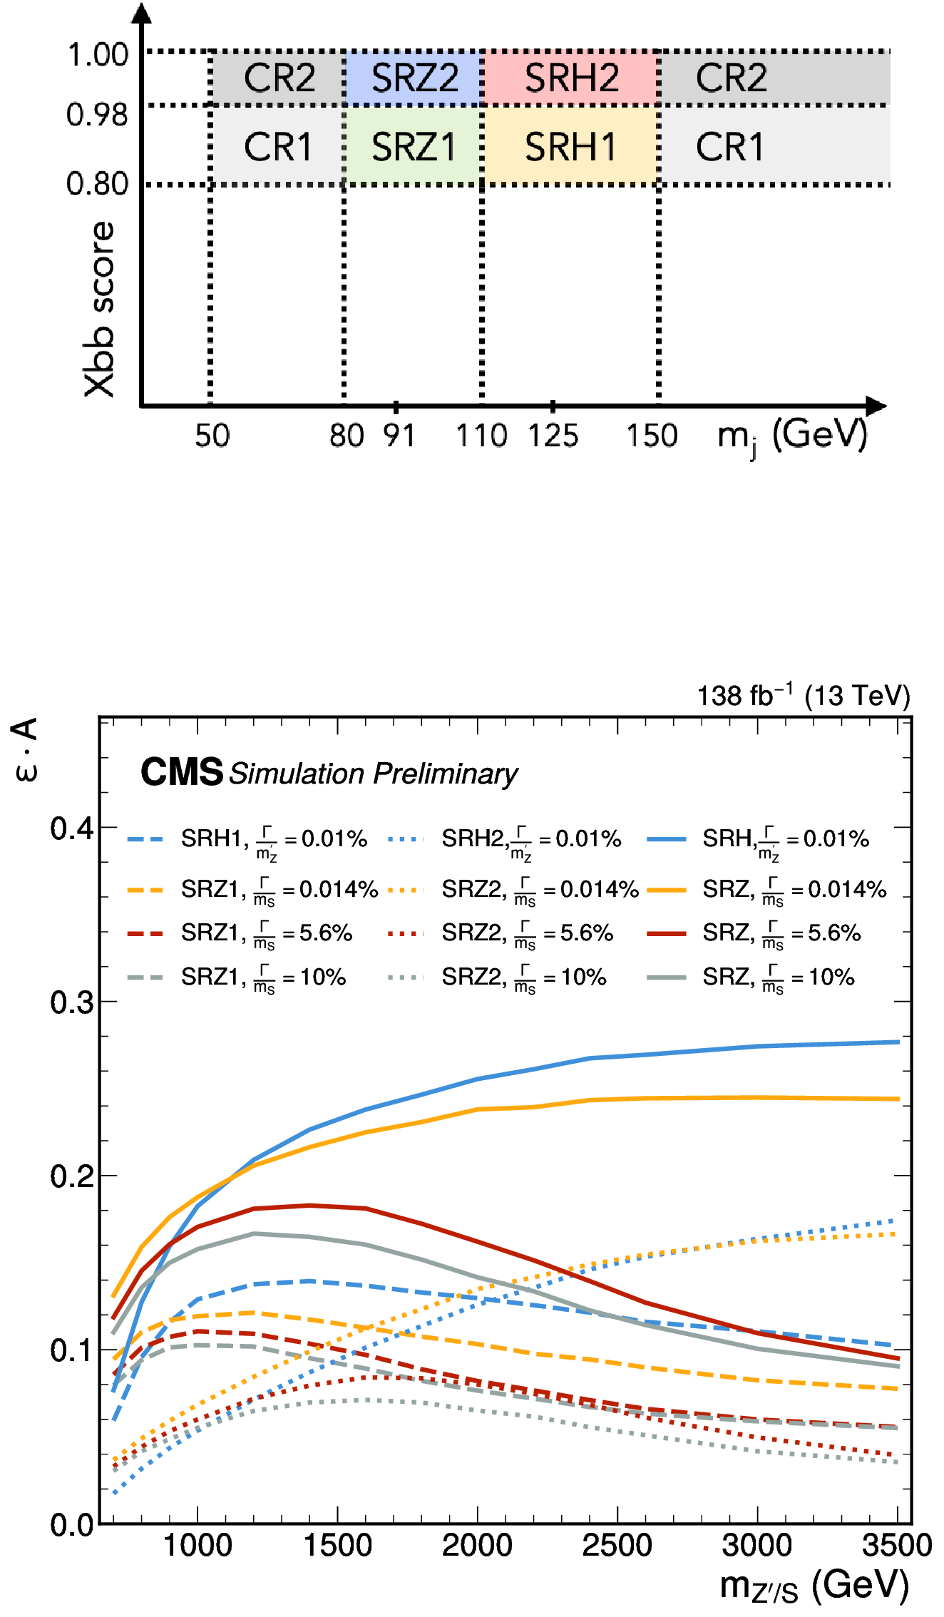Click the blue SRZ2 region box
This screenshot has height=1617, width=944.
pos(414,78)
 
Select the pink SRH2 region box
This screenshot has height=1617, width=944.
pos(570,78)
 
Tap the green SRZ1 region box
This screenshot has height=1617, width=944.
pos(414,146)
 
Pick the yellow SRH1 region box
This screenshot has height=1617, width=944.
pos(570,146)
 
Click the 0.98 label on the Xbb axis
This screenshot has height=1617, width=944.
pos(98,114)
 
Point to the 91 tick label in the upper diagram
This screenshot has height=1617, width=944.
pos(399,436)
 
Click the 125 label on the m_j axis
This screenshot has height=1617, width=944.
pos(553,436)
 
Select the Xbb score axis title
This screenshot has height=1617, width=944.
pos(99,309)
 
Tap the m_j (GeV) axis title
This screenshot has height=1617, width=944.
pos(792,436)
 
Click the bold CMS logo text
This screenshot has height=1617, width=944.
pos(182,772)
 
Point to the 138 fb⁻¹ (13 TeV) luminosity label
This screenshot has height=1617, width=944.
pos(804,696)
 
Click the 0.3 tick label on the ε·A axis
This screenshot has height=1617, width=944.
pos(72,1002)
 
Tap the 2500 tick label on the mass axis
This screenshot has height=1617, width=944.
pos(617,1546)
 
